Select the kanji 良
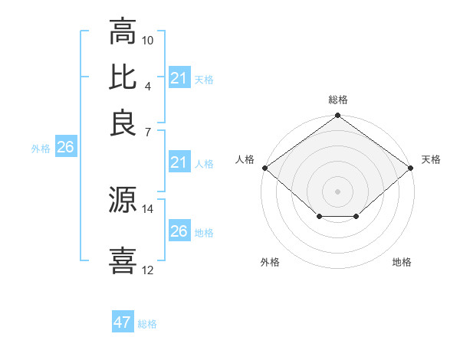[123, 123]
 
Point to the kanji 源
[123, 199]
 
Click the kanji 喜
[123, 260]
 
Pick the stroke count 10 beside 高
[148, 39]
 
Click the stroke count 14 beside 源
[148, 208]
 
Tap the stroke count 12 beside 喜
[148, 270]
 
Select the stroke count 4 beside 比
[148, 85]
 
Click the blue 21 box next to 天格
[179, 78]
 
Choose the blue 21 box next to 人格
[179, 162]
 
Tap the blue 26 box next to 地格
[179, 231]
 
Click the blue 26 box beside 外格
[65, 147]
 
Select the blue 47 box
[123, 322]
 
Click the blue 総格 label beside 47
[147, 324]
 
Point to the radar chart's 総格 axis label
[338, 100]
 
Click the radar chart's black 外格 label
[270, 263]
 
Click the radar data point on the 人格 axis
[264, 168]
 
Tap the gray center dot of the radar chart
[338, 191]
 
